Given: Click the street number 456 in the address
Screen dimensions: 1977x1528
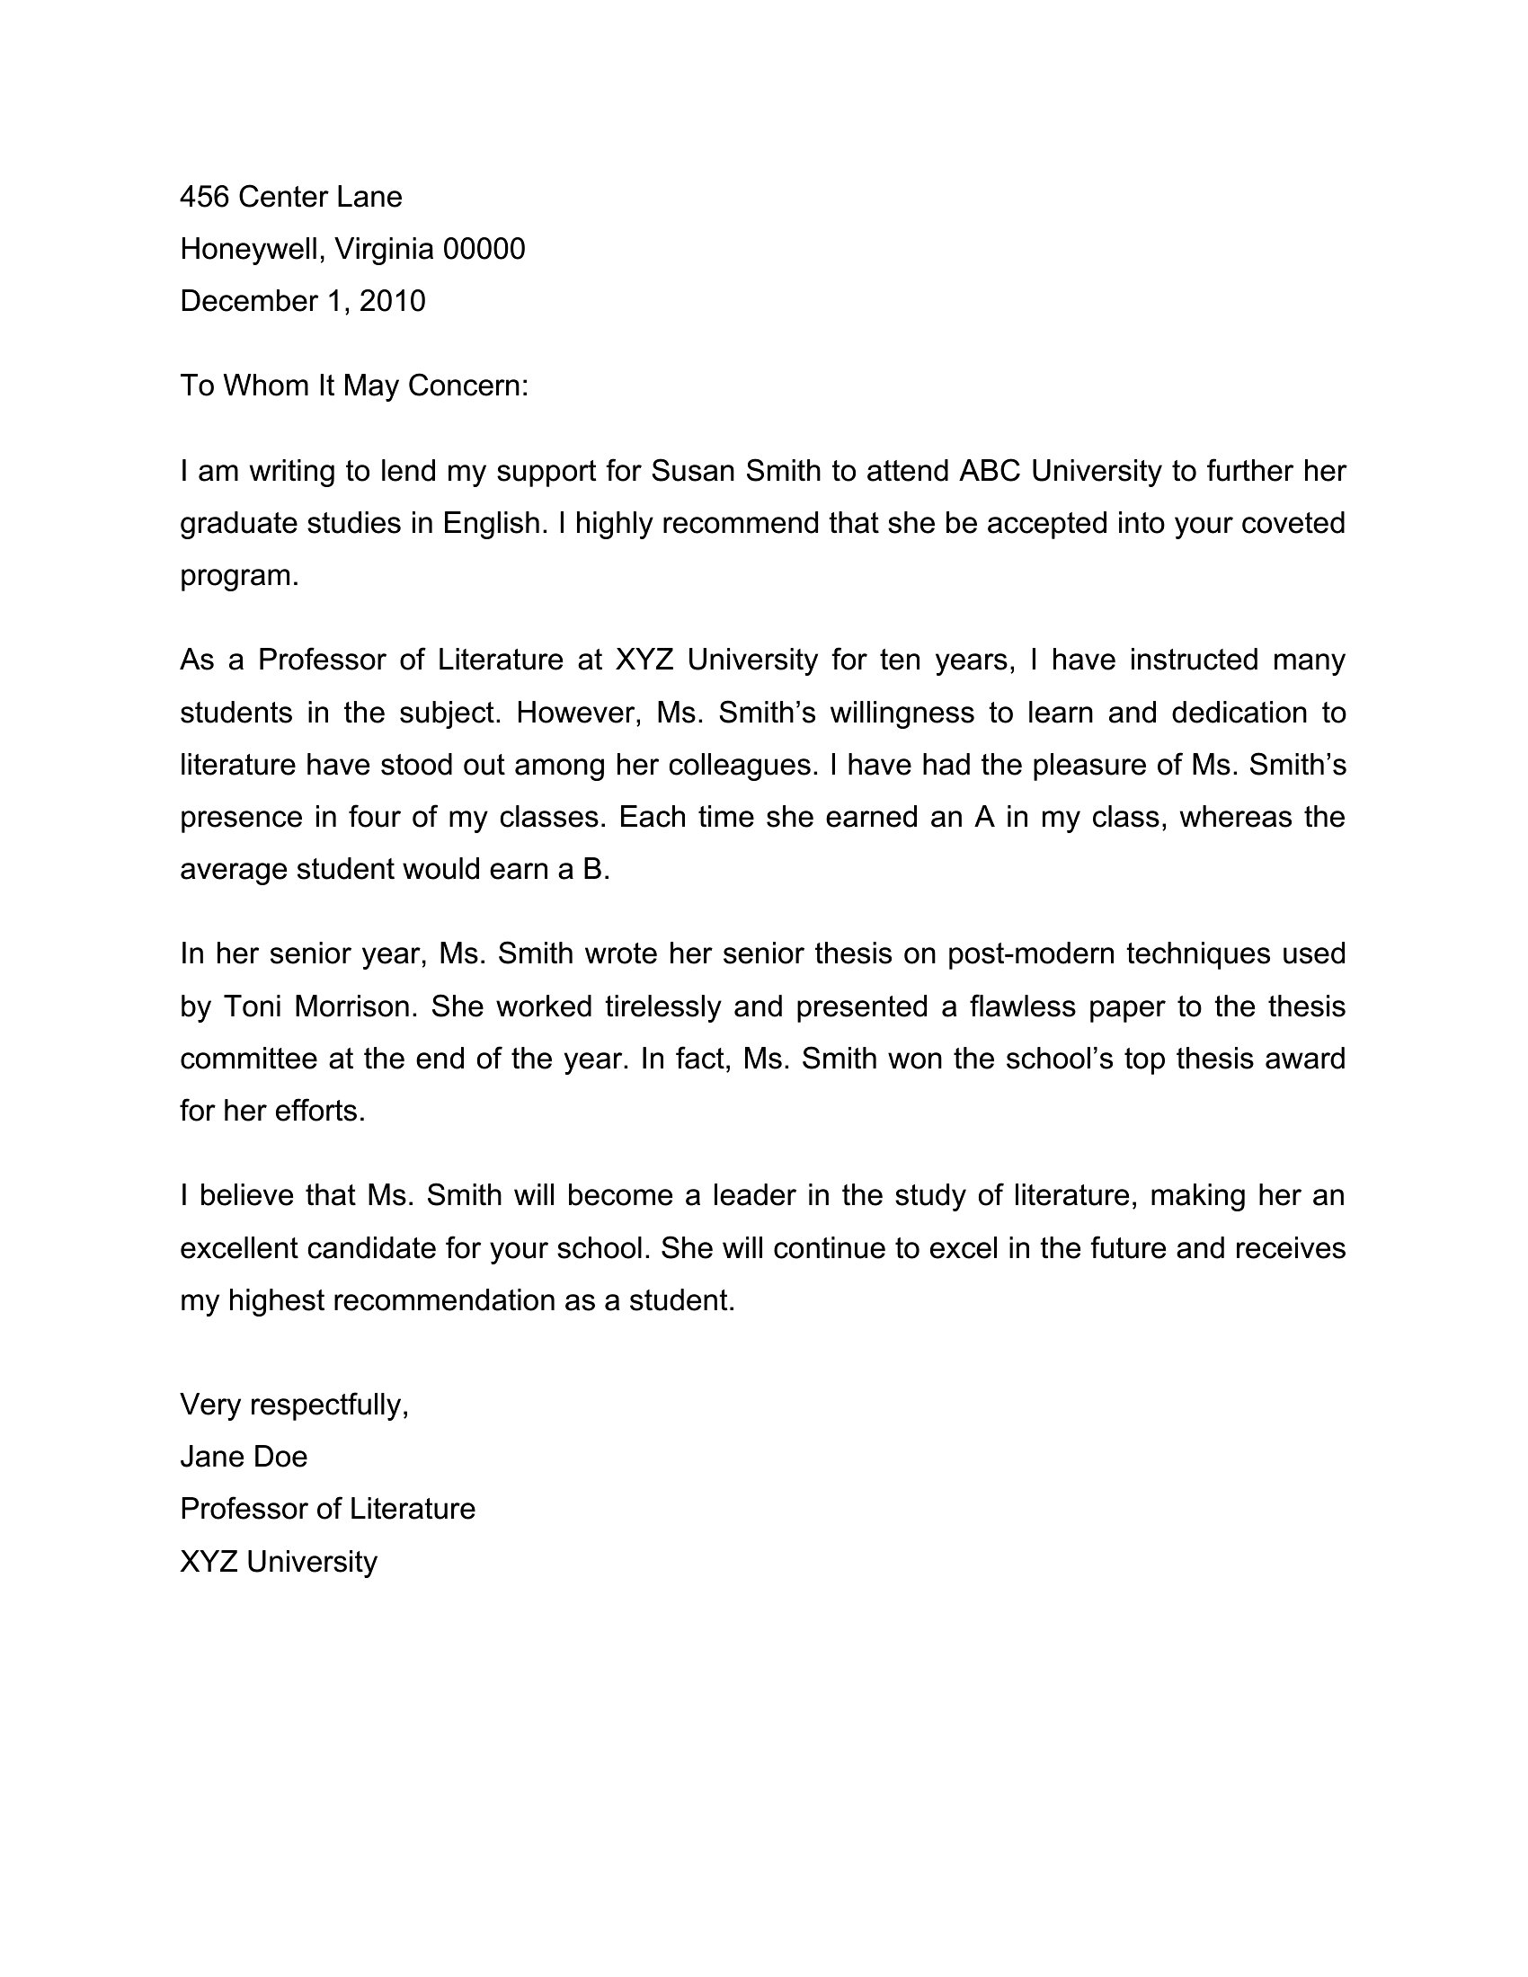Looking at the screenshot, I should (x=204, y=197).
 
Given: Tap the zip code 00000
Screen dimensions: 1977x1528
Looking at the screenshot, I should (x=484, y=249).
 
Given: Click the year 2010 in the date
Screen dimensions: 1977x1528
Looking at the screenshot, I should (x=392, y=301).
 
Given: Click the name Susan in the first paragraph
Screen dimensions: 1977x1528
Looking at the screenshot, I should (x=690, y=471).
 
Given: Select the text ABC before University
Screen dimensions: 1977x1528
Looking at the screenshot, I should (x=991, y=471).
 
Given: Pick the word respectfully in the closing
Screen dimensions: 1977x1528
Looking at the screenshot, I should (x=330, y=1404).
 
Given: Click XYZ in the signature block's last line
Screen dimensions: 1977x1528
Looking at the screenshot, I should (x=209, y=1562).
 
